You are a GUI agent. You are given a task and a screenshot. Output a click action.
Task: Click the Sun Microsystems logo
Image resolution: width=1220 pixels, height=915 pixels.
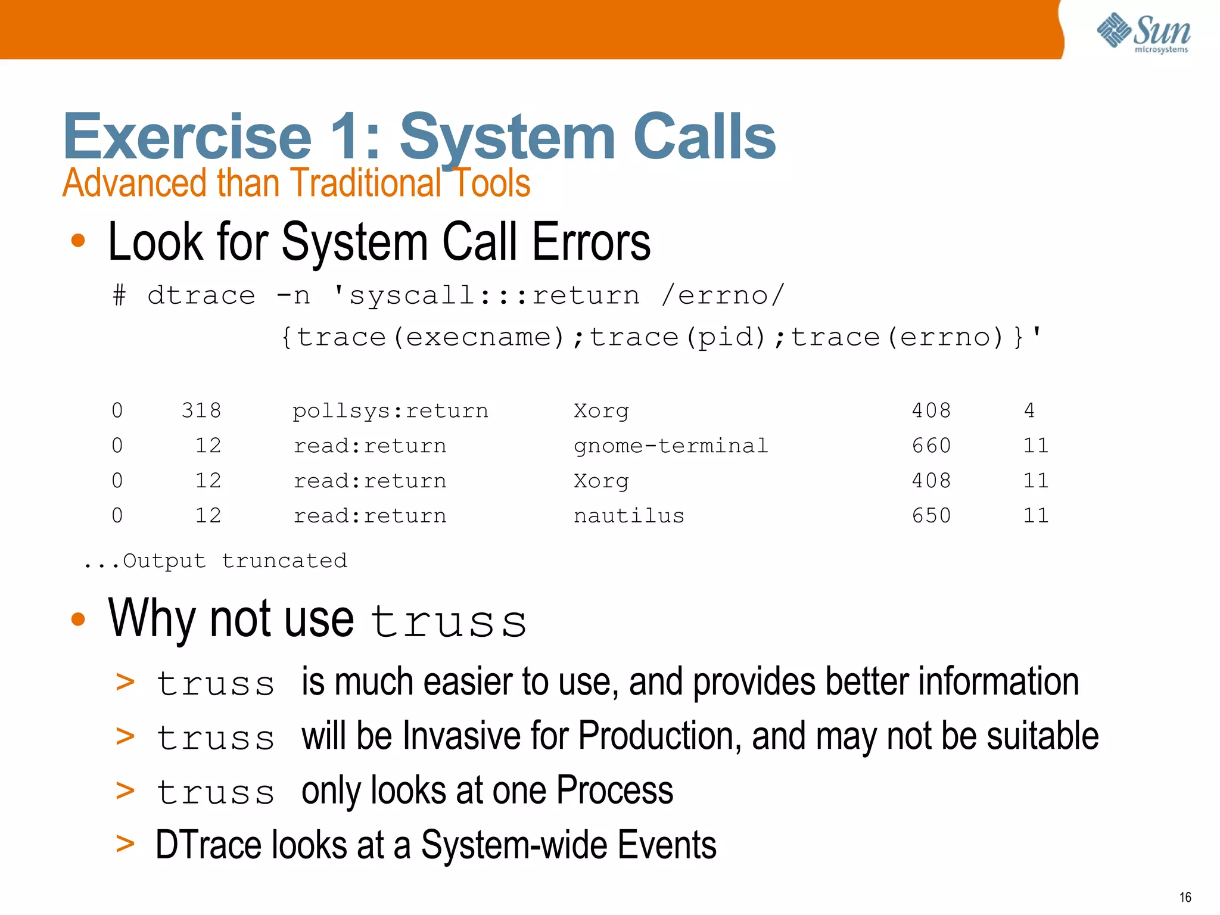(x=1143, y=33)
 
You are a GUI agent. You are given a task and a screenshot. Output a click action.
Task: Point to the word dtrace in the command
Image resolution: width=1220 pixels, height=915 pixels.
(x=201, y=295)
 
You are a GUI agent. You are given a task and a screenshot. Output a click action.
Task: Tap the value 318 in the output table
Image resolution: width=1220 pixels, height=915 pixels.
(x=201, y=410)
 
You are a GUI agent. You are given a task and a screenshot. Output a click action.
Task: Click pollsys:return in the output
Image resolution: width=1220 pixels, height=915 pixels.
(x=390, y=410)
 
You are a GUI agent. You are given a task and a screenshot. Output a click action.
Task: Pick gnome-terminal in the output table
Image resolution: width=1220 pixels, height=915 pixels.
(x=671, y=446)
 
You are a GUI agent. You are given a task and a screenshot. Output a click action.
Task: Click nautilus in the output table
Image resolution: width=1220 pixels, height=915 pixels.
(x=628, y=516)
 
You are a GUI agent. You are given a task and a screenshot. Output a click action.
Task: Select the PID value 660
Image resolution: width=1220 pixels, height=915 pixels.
(x=931, y=446)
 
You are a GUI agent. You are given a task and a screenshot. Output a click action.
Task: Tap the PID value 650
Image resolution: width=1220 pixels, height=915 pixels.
(x=931, y=516)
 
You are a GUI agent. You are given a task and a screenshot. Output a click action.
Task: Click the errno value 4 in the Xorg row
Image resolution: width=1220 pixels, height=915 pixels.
(x=1029, y=410)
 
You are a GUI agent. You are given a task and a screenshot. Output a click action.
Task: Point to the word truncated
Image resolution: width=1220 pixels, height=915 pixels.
(x=284, y=561)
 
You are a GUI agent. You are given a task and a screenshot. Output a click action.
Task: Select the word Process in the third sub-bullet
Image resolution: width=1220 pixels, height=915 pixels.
(x=615, y=791)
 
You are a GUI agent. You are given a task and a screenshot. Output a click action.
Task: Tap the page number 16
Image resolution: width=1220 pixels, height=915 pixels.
(x=1185, y=897)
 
